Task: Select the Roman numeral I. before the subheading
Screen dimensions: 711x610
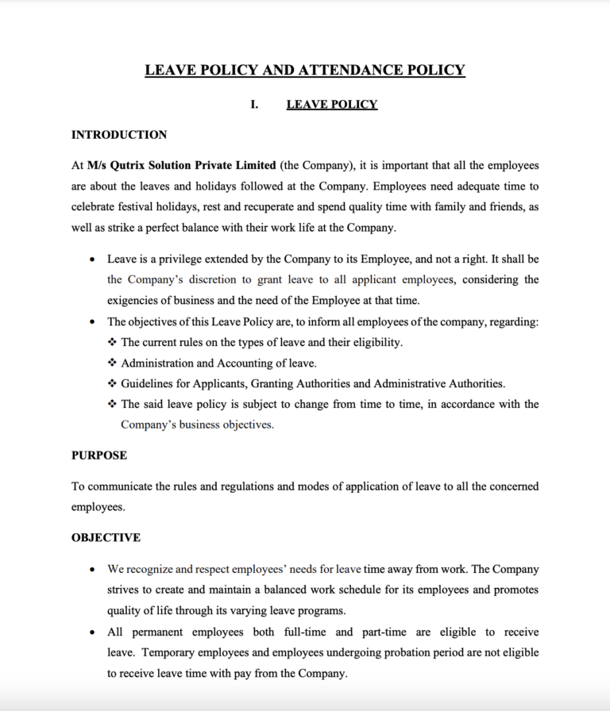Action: (x=254, y=105)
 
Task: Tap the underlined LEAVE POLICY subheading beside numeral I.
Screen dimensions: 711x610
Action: (x=331, y=105)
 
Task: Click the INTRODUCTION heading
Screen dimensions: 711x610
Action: (x=119, y=135)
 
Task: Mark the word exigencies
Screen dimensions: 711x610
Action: (x=135, y=300)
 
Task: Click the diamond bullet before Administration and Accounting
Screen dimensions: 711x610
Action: (x=112, y=363)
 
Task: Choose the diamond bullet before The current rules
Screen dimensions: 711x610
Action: (x=112, y=342)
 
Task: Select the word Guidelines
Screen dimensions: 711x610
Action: (x=149, y=383)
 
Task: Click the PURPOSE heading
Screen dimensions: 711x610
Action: (x=99, y=455)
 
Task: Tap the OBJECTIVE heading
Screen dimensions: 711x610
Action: (x=106, y=537)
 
